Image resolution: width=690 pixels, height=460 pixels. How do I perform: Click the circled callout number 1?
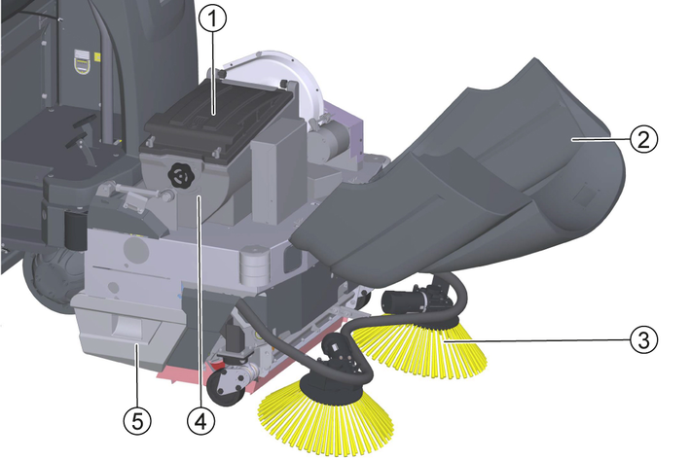[212, 18]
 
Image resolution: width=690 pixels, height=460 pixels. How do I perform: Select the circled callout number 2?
[644, 139]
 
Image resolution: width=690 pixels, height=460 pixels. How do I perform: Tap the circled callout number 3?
[644, 340]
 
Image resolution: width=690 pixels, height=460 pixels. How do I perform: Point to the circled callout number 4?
[201, 422]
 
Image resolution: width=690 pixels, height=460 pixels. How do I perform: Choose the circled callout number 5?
[137, 422]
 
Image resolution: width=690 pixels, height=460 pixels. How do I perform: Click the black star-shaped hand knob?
[179, 175]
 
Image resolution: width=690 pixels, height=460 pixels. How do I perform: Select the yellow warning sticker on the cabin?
[84, 60]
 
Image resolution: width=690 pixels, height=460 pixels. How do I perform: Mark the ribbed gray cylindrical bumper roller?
[254, 266]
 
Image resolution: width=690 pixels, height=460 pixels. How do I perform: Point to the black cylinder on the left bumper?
[76, 230]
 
